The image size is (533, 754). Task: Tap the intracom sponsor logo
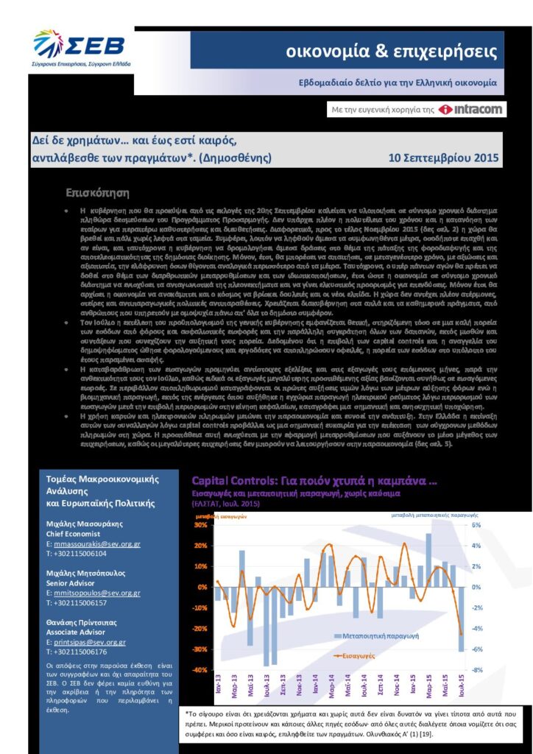470,110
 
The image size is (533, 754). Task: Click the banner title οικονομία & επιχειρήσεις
392,52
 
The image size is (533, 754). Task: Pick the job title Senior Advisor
73,582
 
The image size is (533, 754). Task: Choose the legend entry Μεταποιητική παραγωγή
375,635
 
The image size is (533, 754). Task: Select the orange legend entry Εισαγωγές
362,654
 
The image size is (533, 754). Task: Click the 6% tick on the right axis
476,525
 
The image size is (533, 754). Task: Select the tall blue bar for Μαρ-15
428,560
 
